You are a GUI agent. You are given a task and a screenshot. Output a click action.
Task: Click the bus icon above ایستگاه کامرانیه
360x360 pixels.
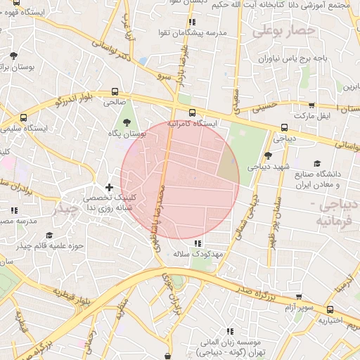point(191,112)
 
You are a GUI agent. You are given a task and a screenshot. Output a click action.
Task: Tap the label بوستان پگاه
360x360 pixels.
point(127,133)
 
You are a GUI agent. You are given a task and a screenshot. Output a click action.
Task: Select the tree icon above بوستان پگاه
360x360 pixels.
point(127,122)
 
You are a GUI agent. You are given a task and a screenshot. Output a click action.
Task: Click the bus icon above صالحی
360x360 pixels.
point(115,91)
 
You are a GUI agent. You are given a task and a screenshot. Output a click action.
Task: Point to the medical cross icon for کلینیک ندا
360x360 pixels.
point(109,187)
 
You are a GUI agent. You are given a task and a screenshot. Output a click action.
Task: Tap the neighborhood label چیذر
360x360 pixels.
point(68,209)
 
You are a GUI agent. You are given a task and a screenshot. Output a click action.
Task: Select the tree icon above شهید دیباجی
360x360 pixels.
point(267,156)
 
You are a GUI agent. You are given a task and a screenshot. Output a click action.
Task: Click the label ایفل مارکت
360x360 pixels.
point(312,114)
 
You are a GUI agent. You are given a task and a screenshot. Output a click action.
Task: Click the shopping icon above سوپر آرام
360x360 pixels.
point(300,297)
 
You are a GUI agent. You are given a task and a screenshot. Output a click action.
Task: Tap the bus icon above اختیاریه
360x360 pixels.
point(330,309)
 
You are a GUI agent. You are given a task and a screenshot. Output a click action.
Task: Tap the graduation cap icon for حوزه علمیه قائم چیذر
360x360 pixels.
point(49,236)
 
